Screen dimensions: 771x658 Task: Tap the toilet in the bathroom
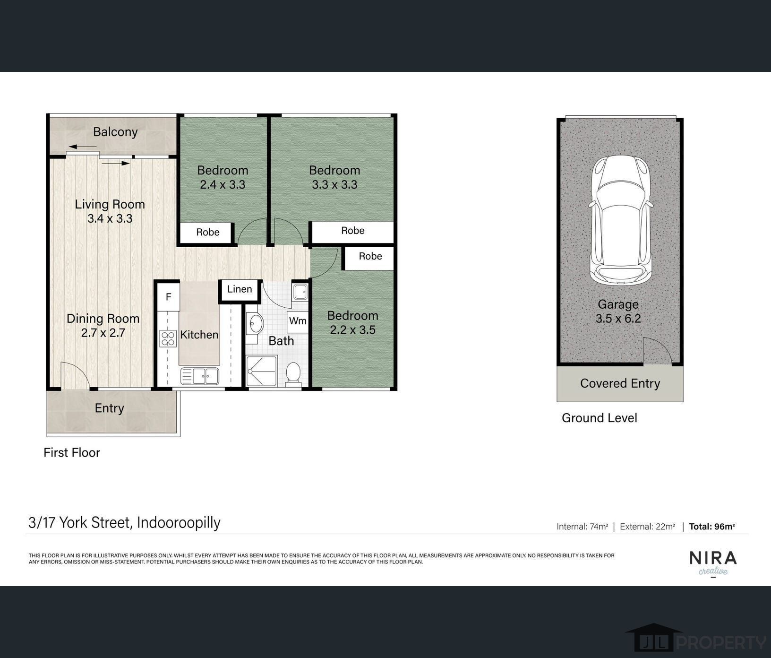[x=293, y=374]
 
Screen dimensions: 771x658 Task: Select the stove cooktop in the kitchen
[x=168, y=338]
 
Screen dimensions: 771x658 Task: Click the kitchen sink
[x=200, y=377]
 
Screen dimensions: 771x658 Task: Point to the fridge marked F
[x=168, y=297]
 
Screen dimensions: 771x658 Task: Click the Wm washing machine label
[x=298, y=321]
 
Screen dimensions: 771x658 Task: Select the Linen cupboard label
[x=240, y=289]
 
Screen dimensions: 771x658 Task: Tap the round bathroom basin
[x=255, y=324]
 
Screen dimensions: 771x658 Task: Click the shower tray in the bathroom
[x=262, y=371]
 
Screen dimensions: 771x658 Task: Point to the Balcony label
[x=115, y=132]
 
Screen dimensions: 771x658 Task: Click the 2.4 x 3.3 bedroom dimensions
[x=223, y=184]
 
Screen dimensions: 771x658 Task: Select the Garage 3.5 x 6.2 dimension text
[x=618, y=319]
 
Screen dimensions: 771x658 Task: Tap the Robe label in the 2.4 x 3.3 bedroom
[x=208, y=232]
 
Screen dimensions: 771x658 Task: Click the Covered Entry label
[x=620, y=383]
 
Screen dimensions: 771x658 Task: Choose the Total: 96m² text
[x=712, y=526]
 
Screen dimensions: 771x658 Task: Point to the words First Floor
[x=72, y=452]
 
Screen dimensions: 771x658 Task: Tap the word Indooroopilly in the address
[x=179, y=523]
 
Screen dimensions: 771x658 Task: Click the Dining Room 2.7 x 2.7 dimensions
[x=103, y=333]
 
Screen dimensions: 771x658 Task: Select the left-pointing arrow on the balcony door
[x=82, y=147]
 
